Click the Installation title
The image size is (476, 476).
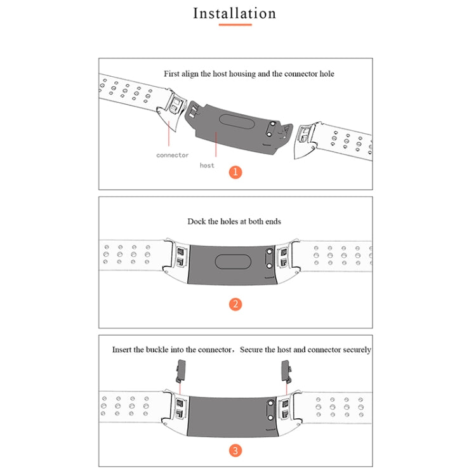234,14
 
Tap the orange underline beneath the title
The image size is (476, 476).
235,25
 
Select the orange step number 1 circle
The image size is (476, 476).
235,172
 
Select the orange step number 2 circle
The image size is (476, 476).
235,304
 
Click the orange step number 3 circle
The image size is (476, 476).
235,451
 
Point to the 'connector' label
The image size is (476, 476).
173,155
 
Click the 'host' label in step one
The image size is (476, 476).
207,166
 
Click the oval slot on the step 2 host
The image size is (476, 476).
233,262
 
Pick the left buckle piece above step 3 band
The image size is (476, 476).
181,371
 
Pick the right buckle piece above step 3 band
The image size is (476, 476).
286,371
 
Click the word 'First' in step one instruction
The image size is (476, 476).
171,74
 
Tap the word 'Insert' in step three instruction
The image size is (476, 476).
122,350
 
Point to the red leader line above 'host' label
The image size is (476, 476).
216,144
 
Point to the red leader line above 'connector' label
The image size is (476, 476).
169,133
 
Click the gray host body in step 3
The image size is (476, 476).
232,416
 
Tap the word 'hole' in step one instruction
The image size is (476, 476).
327,74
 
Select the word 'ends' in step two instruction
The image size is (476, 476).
274,221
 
